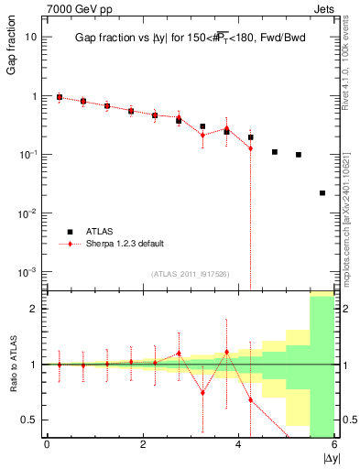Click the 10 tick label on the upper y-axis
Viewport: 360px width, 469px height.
(x=31, y=38)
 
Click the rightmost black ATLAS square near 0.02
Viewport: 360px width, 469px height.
(x=322, y=193)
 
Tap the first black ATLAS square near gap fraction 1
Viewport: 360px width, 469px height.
(x=60, y=97)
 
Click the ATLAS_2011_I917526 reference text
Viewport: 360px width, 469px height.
(x=189, y=274)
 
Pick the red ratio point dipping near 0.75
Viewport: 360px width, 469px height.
(x=203, y=392)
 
